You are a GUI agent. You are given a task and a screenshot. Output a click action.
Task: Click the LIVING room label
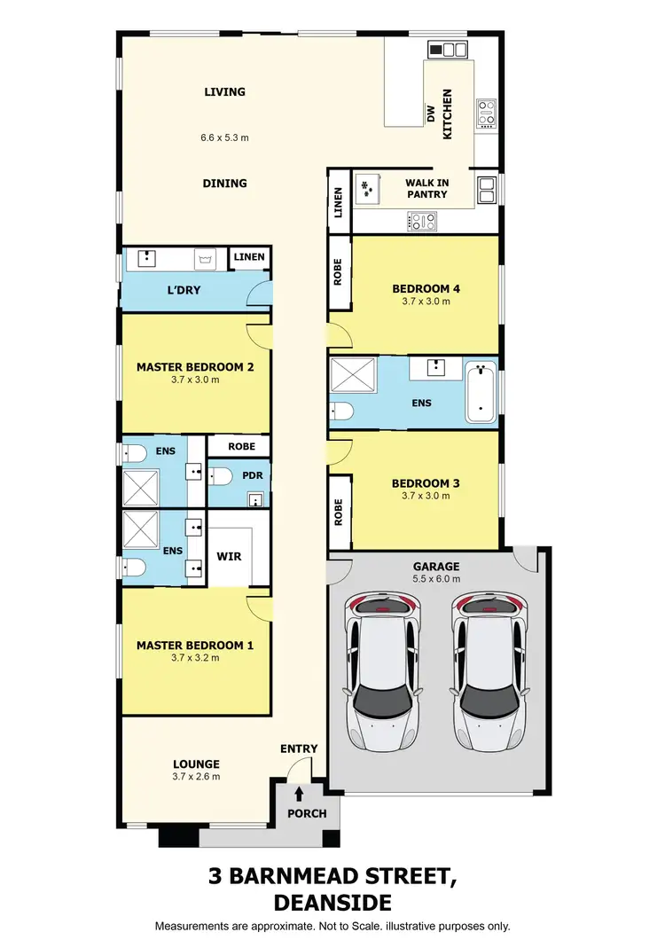point(224,91)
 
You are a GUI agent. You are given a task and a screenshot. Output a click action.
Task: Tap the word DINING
point(224,184)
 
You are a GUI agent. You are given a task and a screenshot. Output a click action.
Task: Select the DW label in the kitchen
point(431,114)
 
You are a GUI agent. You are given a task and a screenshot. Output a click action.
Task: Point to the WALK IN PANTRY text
point(426,189)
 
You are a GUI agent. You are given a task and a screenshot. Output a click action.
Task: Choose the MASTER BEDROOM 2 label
point(195,366)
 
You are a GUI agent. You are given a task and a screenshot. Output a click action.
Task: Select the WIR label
point(230,557)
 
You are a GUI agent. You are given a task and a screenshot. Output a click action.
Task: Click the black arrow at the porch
point(299,792)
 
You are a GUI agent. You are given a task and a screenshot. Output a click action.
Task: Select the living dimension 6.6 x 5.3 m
point(224,137)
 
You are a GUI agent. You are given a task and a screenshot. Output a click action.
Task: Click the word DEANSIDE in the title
point(332,902)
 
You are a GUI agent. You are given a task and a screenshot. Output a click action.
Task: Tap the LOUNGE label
point(196,764)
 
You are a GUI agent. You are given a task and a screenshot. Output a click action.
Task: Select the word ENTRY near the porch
point(299,748)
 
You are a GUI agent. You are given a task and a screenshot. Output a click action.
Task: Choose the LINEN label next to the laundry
point(248,257)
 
